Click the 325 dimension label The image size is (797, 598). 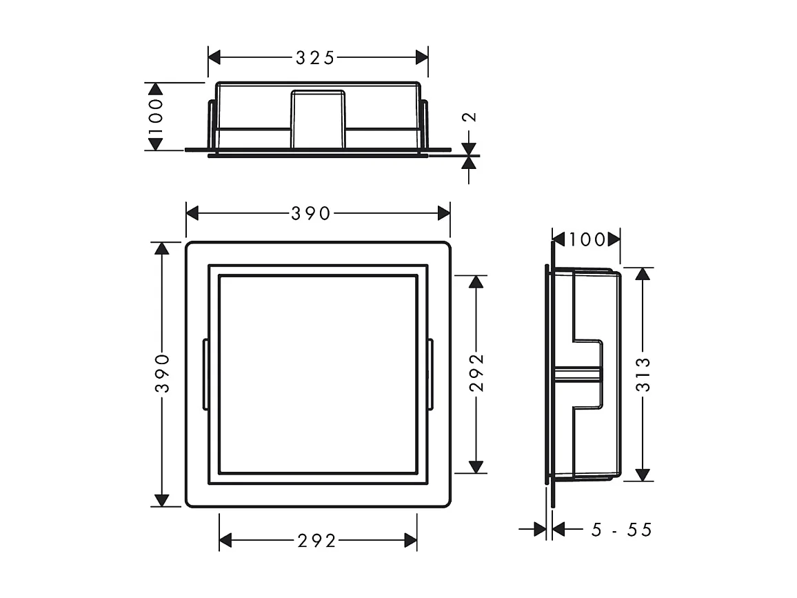pos(315,58)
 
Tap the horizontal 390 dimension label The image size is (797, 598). pos(311,214)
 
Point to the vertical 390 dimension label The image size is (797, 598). pos(161,373)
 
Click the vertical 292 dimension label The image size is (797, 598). pos(476,373)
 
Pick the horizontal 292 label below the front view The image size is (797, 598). pos(317,541)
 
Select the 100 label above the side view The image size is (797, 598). pos(587,240)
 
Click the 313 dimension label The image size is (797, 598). pos(643,373)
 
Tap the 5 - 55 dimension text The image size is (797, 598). pos(621,530)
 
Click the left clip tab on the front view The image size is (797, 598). pos(205,375)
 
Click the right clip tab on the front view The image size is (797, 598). pos(430,375)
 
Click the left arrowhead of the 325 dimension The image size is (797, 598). pos(214,58)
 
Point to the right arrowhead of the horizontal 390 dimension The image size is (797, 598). pos(444,214)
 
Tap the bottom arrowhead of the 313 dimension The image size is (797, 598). pos(643,475)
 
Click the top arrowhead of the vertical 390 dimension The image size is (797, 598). pos(161,248)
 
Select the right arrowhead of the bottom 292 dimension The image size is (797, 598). pos(411,541)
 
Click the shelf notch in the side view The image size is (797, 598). pos(587,373)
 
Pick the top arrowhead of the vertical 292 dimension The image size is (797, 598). pos(476,281)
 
